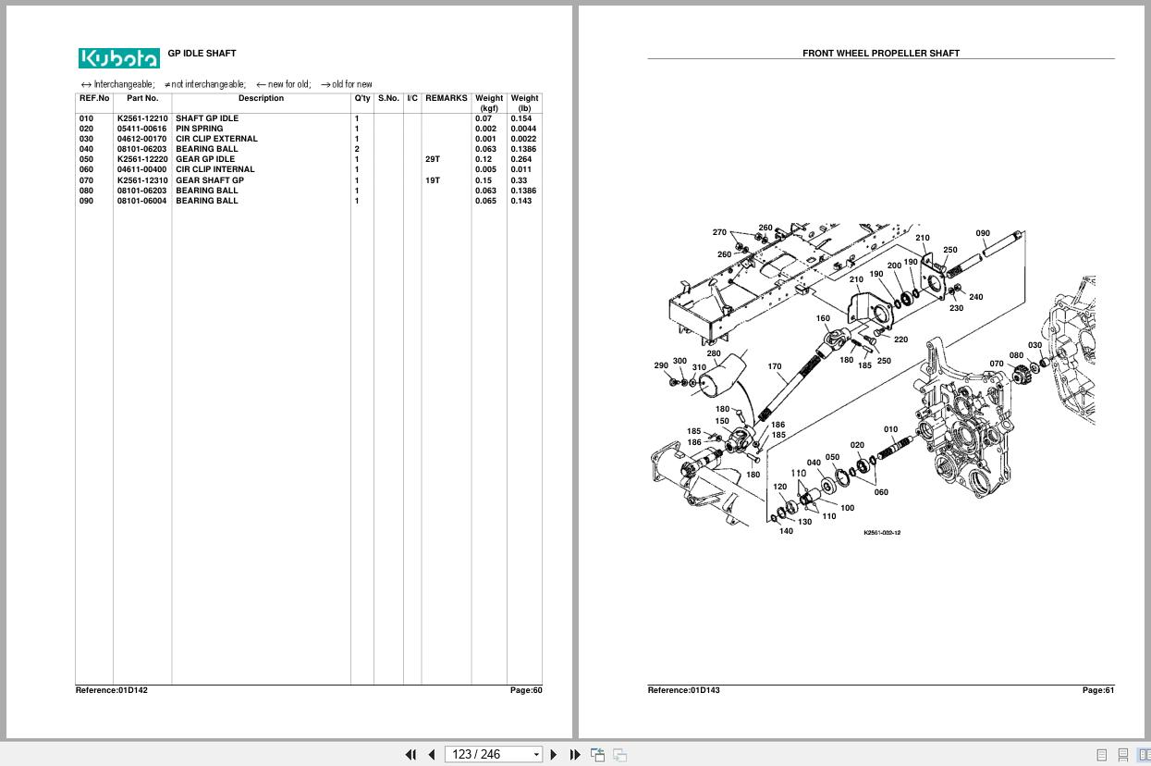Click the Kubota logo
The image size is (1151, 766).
(x=118, y=58)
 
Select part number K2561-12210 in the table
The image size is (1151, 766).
(x=142, y=118)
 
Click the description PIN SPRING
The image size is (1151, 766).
(x=199, y=129)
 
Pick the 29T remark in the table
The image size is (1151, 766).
(x=433, y=159)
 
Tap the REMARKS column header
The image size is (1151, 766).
(x=446, y=98)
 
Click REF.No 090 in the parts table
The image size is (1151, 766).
(x=86, y=201)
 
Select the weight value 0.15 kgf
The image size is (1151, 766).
(x=484, y=180)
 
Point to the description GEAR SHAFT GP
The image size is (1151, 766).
(x=210, y=180)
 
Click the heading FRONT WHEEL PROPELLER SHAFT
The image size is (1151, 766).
(x=880, y=54)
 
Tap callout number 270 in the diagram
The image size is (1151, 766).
(x=719, y=232)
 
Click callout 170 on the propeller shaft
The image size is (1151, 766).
(x=775, y=366)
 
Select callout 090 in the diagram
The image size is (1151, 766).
(x=983, y=233)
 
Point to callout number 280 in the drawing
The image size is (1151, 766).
(x=713, y=353)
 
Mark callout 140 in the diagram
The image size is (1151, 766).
(x=786, y=531)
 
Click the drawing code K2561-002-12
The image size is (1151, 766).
(x=882, y=533)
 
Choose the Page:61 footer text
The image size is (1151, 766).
(x=1098, y=690)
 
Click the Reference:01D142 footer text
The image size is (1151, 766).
(x=112, y=690)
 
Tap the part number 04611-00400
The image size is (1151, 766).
(x=141, y=169)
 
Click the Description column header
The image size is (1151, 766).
(x=261, y=98)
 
